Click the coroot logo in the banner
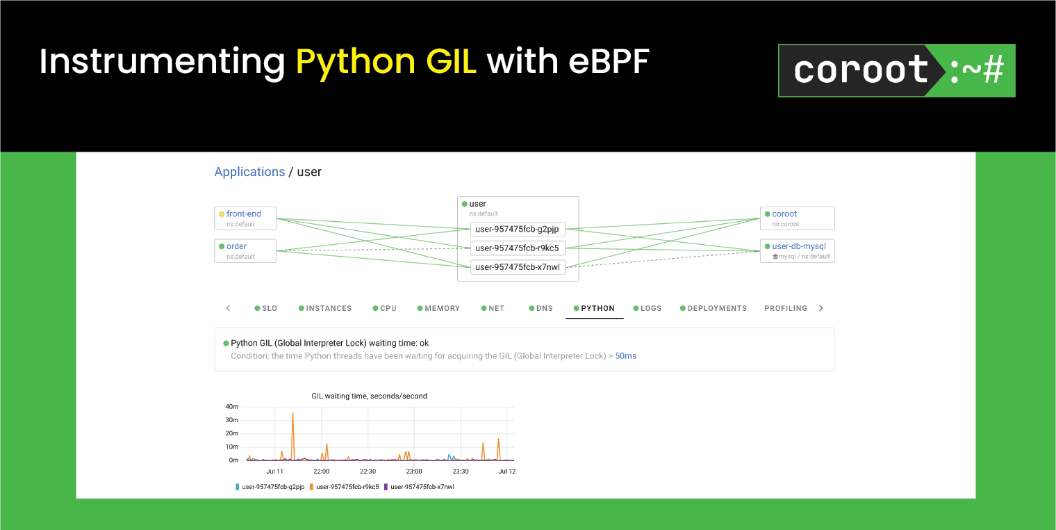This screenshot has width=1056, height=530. pyautogui.click(x=896, y=70)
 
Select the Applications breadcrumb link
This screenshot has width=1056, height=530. pyautogui.click(x=249, y=172)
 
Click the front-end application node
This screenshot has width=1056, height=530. pyautogui.click(x=245, y=218)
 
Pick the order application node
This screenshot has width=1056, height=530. pyautogui.click(x=245, y=250)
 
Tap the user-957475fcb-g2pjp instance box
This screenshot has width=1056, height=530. pyautogui.click(x=517, y=229)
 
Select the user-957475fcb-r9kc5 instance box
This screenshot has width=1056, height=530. pyautogui.click(x=517, y=248)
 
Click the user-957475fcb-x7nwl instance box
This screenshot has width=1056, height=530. pyautogui.click(x=517, y=267)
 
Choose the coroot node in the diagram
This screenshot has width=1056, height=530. pyautogui.click(x=797, y=218)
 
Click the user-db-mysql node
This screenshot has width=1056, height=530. pyautogui.click(x=798, y=250)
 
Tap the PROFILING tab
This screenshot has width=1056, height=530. pyautogui.click(x=785, y=308)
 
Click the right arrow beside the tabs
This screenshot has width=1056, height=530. pyautogui.click(x=820, y=308)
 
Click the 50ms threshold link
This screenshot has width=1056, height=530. pyautogui.click(x=625, y=355)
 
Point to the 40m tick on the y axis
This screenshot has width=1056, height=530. pyautogui.click(x=232, y=406)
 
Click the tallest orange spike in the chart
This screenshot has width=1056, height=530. pyautogui.click(x=292, y=415)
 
